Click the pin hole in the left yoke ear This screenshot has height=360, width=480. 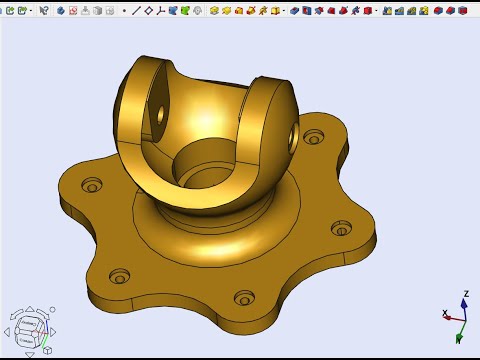point(159,113)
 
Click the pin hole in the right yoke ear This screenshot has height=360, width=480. point(293,131)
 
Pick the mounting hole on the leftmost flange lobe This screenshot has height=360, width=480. point(92,185)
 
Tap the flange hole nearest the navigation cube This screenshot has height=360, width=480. point(120,274)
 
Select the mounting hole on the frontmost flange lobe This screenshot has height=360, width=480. point(244,297)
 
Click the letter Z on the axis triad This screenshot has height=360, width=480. point(465,295)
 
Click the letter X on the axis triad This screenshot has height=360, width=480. point(445,314)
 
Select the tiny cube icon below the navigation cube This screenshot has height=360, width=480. point(46,351)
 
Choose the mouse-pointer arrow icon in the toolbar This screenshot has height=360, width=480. point(44,10)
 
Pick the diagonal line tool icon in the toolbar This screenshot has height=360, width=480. point(136,10)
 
